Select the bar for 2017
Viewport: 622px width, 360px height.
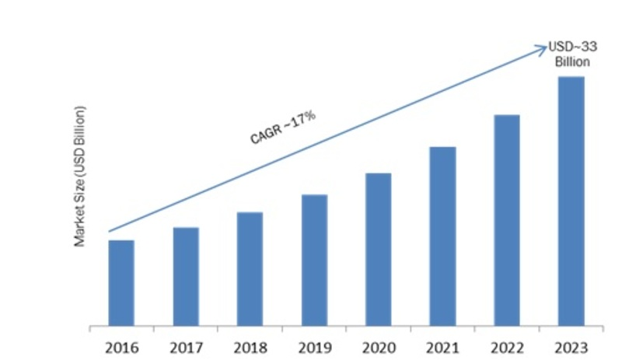point(186,276)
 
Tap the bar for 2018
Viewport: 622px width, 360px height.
point(250,268)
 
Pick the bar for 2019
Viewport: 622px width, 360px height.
point(314,260)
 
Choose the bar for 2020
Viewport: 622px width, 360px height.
point(379,249)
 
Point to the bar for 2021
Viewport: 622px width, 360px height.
point(443,236)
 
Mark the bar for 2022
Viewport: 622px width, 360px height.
point(507,220)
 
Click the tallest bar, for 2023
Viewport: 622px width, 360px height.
point(571,201)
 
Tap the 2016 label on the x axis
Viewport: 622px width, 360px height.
point(121,346)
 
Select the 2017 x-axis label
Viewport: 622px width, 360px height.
point(186,346)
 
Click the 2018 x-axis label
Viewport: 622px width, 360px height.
point(250,346)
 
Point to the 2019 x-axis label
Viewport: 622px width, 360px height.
point(314,346)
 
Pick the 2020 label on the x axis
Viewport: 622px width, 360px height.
point(379,346)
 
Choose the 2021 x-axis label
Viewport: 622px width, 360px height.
point(443,346)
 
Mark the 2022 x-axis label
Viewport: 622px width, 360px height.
point(507,346)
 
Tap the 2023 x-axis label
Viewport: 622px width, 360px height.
point(571,346)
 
